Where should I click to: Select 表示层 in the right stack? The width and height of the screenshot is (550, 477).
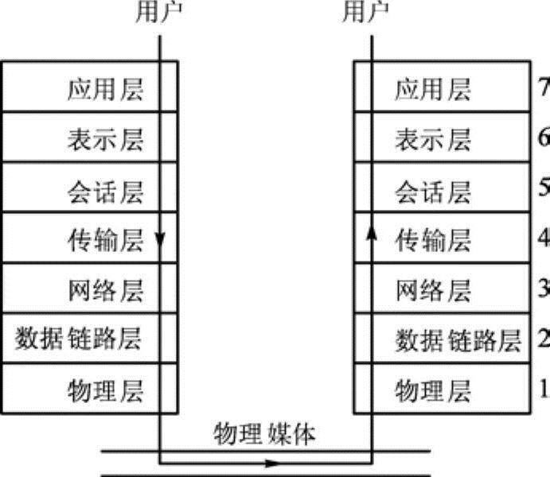tap(434, 139)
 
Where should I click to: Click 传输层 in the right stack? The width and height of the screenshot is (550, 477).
tap(434, 240)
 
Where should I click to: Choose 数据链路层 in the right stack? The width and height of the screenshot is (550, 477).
tap(458, 340)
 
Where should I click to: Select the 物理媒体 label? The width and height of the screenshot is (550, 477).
tap(265, 434)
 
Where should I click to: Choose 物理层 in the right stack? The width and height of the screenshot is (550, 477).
tap(434, 390)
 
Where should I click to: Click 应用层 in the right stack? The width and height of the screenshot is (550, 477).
tap(434, 89)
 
